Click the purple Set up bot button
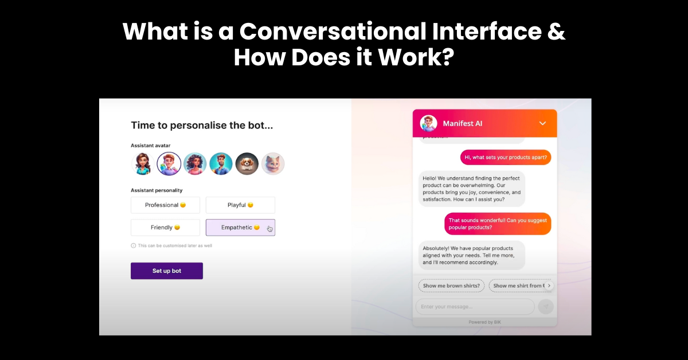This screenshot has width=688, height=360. tap(166, 271)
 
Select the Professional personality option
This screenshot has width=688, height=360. tap(165, 205)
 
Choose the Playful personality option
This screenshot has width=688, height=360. tap(240, 205)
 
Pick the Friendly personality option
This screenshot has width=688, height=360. tap(165, 228)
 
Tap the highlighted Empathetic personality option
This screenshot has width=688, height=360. tap(240, 228)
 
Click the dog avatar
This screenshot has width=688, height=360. tap(247, 163)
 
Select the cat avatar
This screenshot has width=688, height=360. tap(273, 163)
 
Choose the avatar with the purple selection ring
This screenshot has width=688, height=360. tap(169, 163)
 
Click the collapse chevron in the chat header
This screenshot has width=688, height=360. tap(542, 123)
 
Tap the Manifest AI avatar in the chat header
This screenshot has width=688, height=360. tap(428, 123)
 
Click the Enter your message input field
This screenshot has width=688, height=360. tap(475, 307)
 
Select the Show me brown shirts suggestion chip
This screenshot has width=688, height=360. tap(451, 285)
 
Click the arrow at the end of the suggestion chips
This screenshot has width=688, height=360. tap(549, 285)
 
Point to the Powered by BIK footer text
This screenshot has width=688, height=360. tap(484, 322)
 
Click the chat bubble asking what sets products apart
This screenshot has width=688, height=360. tap(505, 157)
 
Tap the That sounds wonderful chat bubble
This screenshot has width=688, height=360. tap(498, 224)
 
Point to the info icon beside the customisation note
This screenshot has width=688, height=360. tap(134, 245)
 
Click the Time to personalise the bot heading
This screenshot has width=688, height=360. tap(202, 125)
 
